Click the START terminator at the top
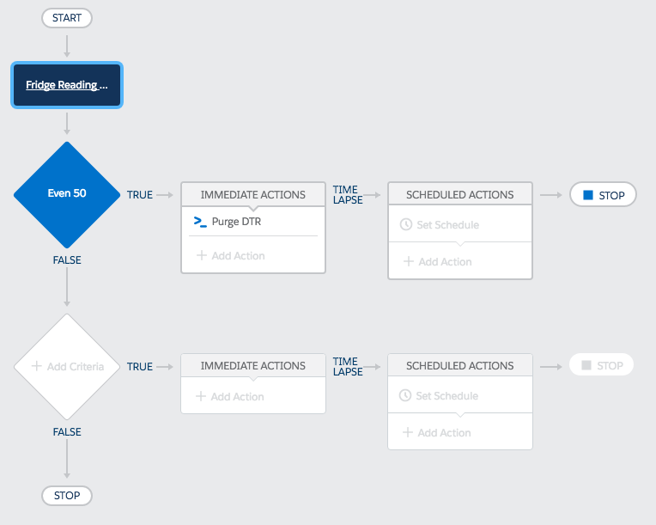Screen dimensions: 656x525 pos(67,18)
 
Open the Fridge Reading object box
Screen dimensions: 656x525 pos(67,85)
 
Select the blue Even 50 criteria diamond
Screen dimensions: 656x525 pos(67,195)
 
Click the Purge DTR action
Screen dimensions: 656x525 pos(236,222)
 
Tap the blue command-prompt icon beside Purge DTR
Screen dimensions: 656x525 pos(200,222)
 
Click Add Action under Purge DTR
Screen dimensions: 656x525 pos(230,255)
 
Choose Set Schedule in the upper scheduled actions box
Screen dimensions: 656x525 pos(440,225)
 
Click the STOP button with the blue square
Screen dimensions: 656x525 pos(603,195)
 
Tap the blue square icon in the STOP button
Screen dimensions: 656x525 pos(588,195)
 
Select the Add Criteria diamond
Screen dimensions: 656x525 pos(67,366)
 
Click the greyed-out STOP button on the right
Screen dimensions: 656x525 pos(601,365)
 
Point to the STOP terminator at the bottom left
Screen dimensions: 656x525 pos(67,495)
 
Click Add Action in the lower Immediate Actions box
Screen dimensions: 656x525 pos(229,396)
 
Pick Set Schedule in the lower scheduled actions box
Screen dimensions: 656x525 pos(439,395)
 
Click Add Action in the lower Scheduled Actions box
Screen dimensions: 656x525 pos(436,432)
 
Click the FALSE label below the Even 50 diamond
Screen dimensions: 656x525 pos(67,260)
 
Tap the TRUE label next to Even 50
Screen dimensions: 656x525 pos(140,195)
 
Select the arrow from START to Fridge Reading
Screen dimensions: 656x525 pos(67,46)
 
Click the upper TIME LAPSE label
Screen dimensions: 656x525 pos(348,195)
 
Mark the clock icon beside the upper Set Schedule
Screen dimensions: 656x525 pos(406,224)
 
